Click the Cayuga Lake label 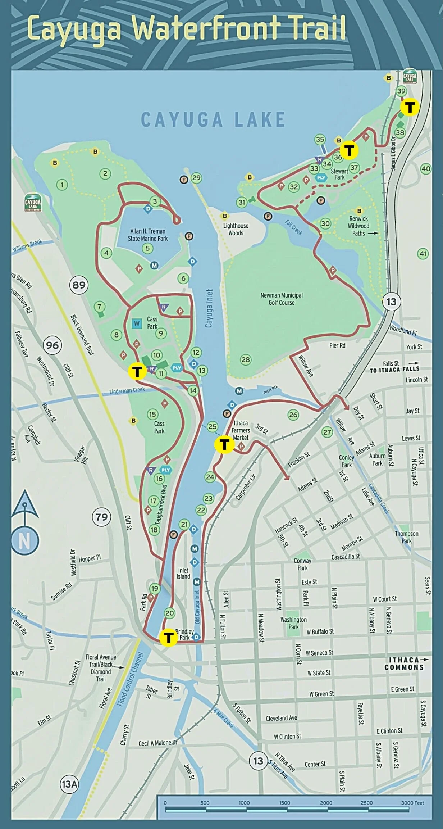point(213,119)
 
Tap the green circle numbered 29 point(196,178)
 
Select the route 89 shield point(79,285)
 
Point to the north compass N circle point(24,540)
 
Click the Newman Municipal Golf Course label point(282,299)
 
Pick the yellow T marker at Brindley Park point(168,637)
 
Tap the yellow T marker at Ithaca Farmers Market point(224,444)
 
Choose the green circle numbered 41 point(423,254)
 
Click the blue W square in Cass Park point(137,323)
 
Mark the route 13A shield point(69,784)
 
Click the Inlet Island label point(183,573)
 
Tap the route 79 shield point(101,517)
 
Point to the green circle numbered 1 point(62,185)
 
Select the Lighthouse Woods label point(236,229)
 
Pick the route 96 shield point(52,345)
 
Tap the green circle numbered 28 point(246,359)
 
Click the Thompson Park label point(406,537)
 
